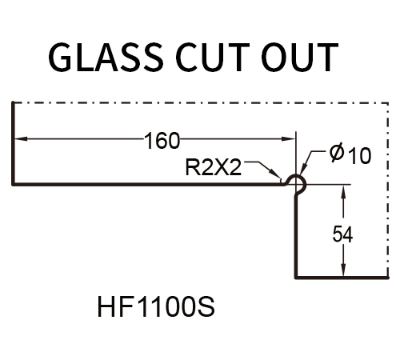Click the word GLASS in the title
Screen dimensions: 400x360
click(106, 58)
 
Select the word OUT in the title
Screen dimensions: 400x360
click(300, 58)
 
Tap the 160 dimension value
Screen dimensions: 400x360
click(162, 141)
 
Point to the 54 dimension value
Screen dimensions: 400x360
click(342, 234)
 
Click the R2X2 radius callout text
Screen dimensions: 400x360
click(214, 168)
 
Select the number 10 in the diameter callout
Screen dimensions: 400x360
click(360, 155)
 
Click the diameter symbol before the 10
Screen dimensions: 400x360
click(337, 154)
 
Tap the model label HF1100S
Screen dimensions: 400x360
click(156, 306)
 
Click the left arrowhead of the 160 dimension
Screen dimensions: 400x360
click(21, 138)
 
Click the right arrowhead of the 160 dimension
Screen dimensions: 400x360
click(289, 138)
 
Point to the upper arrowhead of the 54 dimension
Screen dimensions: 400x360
click(343, 190)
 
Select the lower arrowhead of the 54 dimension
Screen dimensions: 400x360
click(343, 270)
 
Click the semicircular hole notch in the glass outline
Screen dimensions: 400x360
click(303, 180)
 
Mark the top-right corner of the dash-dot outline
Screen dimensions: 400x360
click(388, 102)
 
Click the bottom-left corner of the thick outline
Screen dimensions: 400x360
click(13, 184)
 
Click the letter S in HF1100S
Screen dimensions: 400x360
click(206, 306)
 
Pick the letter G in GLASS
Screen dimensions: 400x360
click(60, 58)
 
